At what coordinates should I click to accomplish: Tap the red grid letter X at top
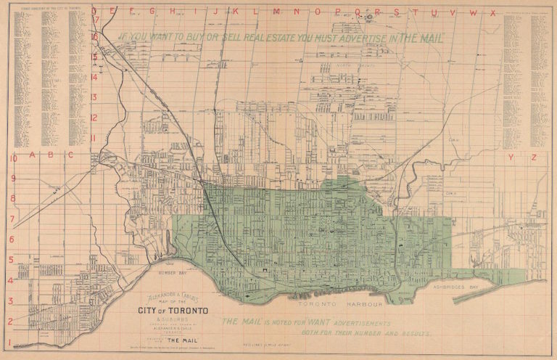click(492, 12)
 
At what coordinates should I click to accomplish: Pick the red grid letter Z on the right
click(533, 157)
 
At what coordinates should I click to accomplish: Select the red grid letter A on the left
click(30, 155)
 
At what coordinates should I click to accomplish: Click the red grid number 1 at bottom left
click(9, 342)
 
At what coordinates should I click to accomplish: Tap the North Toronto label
click(354, 65)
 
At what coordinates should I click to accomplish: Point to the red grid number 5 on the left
click(11, 259)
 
